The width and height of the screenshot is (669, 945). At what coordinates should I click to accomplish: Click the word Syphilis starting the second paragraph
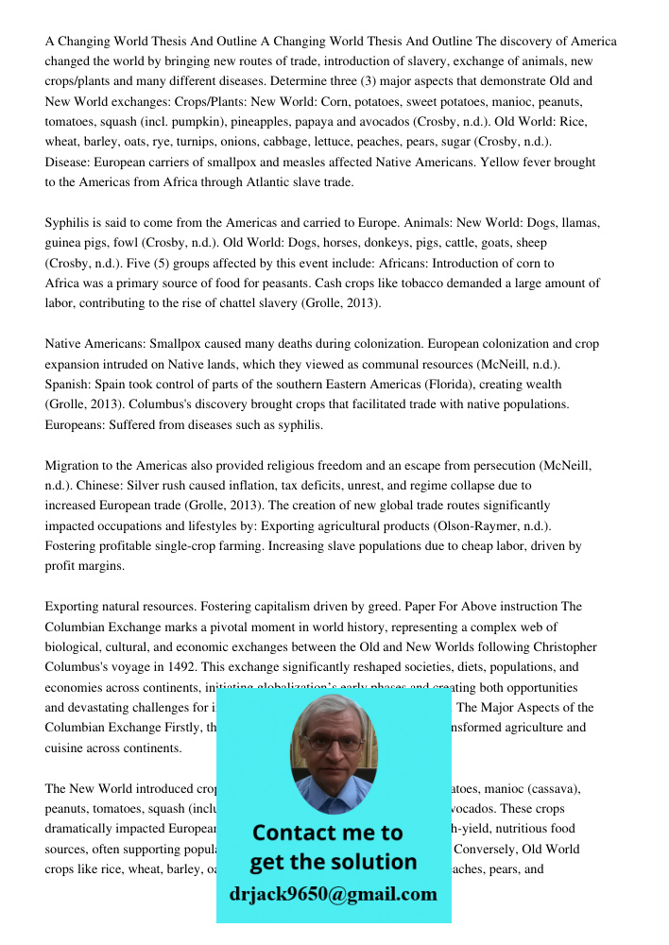pos(69,223)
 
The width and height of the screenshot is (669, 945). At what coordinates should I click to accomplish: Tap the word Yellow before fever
pos(501,163)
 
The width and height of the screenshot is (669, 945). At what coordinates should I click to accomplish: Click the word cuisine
pos(66,747)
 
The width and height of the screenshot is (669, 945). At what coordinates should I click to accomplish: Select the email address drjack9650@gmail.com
pos(333,894)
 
